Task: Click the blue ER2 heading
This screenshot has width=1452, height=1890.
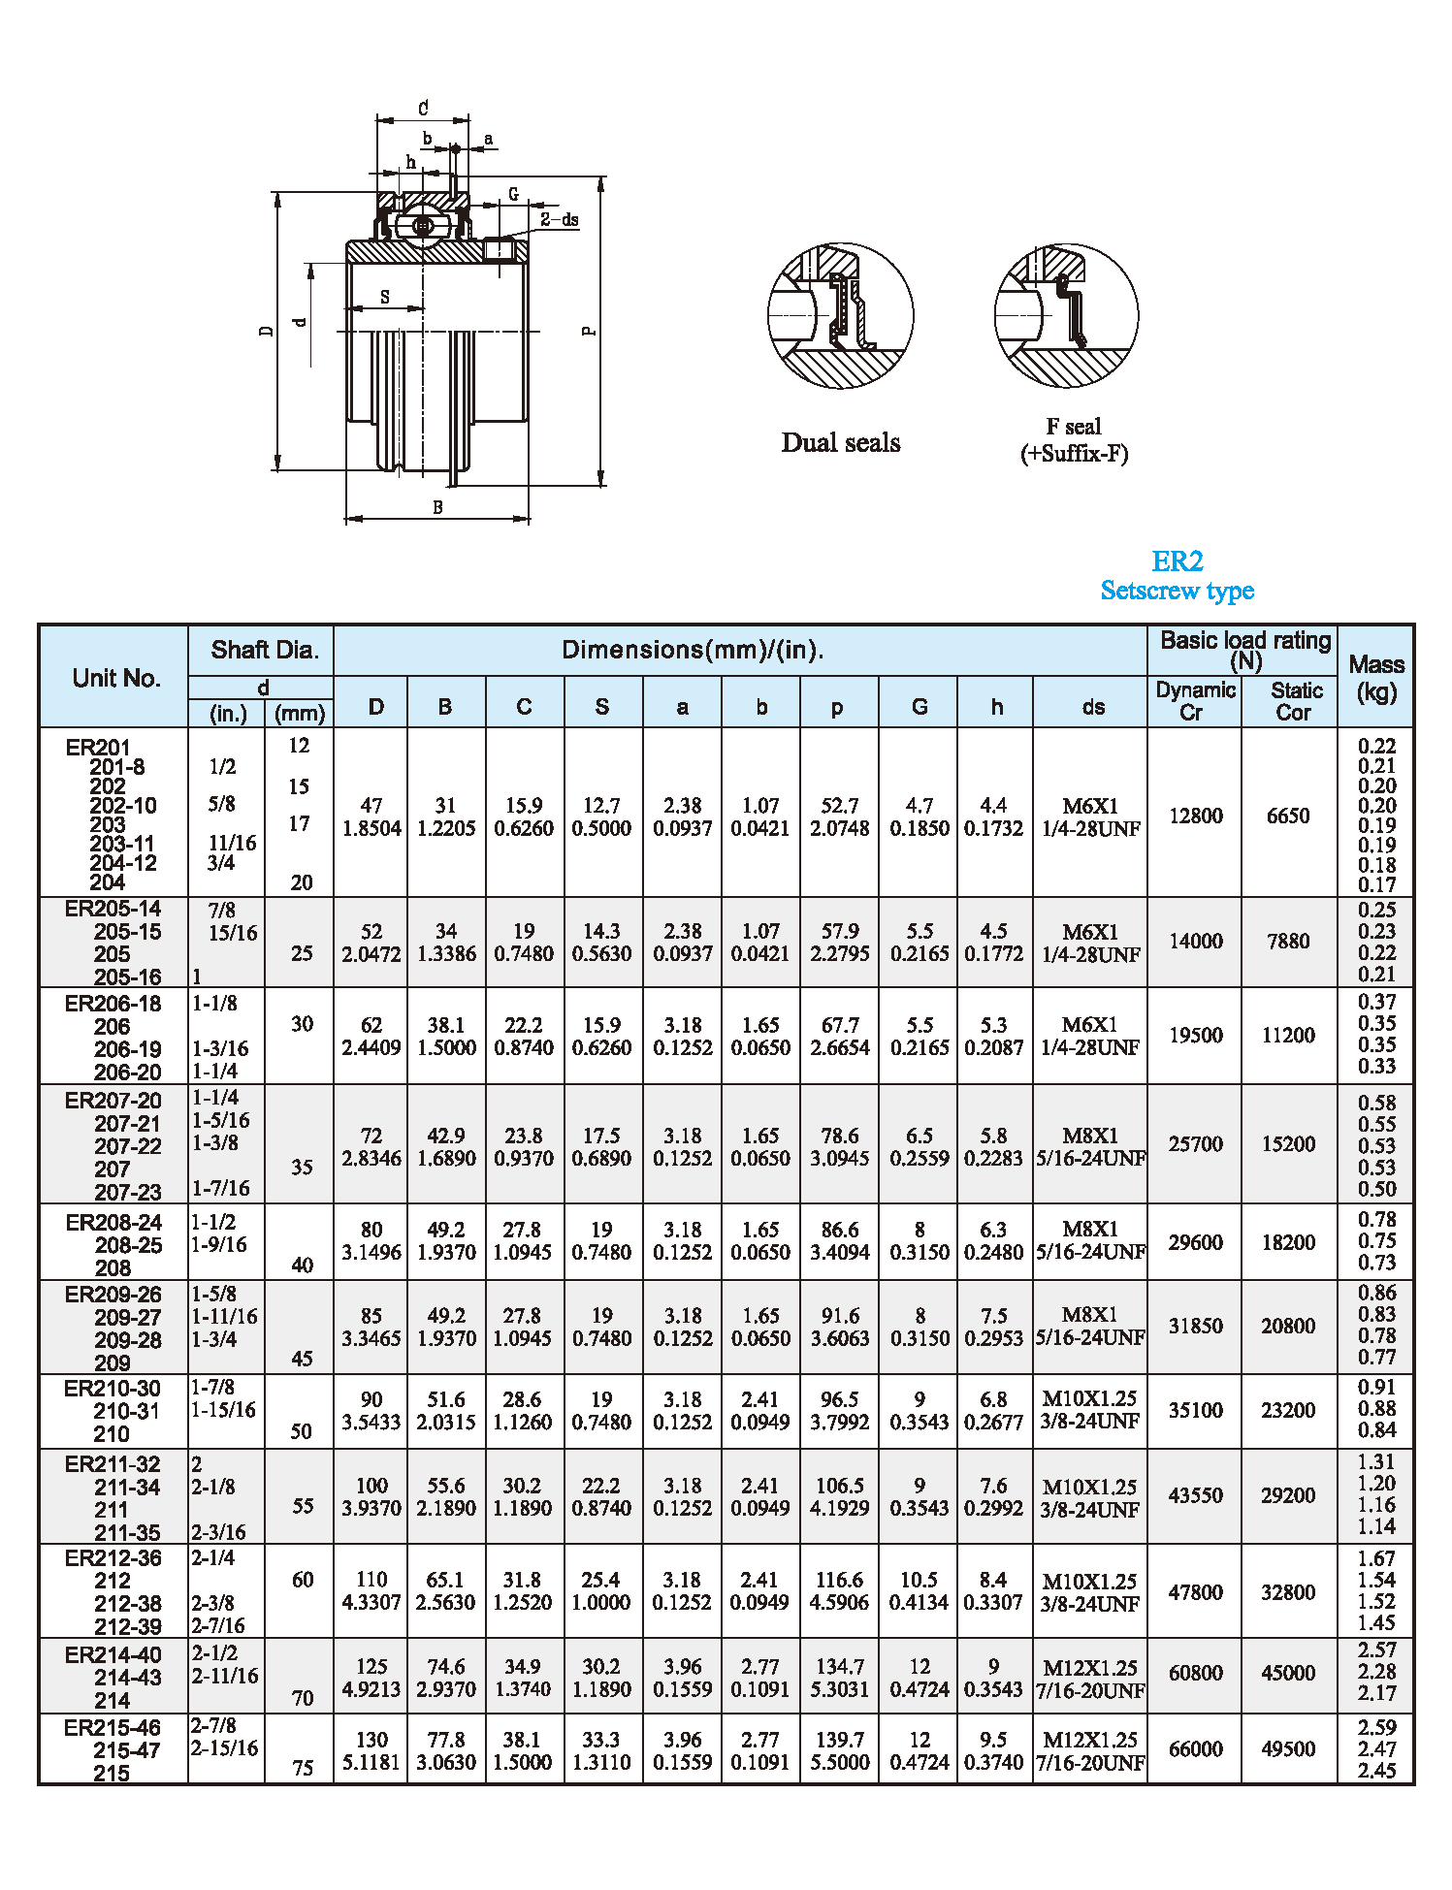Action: tap(1177, 561)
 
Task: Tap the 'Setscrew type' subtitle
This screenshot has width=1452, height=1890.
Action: tap(1177, 591)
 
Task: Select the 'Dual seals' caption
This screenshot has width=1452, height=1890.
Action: tap(841, 443)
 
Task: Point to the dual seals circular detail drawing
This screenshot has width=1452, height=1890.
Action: tap(840, 315)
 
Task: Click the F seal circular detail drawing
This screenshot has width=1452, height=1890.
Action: tap(1066, 315)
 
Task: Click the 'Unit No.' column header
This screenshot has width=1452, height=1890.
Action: tap(115, 678)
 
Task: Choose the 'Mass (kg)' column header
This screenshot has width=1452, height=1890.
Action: tap(1375, 677)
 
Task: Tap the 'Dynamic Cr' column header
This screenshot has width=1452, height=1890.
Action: tap(1194, 700)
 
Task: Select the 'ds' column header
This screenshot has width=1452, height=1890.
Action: tap(1092, 707)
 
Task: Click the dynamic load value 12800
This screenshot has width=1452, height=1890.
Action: tap(1195, 817)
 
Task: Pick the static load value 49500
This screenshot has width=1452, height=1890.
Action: tap(1287, 1749)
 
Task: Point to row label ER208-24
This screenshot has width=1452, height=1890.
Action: tap(113, 1223)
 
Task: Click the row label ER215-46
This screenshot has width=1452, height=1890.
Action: tap(113, 1728)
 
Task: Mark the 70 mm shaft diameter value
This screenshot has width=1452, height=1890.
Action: tap(303, 1698)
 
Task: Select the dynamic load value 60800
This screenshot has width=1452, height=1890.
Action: tap(1195, 1673)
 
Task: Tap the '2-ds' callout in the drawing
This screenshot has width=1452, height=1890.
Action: tap(560, 220)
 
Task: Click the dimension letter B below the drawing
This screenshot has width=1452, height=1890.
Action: tap(437, 507)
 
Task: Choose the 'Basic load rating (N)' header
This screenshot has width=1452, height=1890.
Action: tap(1244, 650)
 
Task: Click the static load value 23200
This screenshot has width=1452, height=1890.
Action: tap(1287, 1410)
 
